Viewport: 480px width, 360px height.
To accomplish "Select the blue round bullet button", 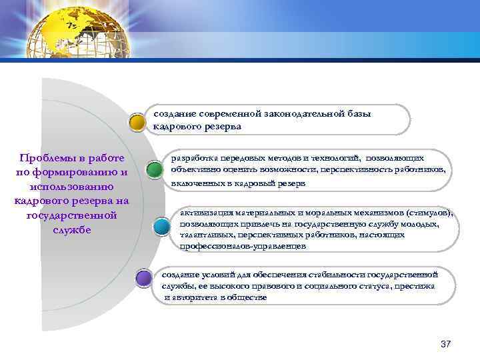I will [162, 226].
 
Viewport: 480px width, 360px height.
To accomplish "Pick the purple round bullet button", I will [143, 277].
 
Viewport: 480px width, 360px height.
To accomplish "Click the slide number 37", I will [446, 344].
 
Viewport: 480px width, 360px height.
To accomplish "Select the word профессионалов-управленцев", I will [243, 246].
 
